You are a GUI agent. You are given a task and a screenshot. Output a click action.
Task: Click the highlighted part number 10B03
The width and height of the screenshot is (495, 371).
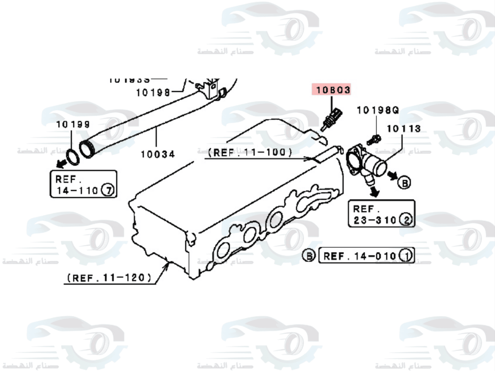tap(331, 90)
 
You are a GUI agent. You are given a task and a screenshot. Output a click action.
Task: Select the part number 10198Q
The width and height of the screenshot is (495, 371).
tap(377, 110)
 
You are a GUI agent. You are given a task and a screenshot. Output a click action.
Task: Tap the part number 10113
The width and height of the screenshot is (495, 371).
tap(403, 129)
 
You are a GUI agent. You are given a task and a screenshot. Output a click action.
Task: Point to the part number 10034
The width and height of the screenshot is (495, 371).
tap(157, 154)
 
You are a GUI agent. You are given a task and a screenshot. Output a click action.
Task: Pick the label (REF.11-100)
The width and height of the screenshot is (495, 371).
tap(250, 152)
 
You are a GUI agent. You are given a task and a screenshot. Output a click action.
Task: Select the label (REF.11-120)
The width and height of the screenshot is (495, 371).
tap(109, 278)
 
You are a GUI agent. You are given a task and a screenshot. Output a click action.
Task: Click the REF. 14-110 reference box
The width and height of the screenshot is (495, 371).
tap(84, 184)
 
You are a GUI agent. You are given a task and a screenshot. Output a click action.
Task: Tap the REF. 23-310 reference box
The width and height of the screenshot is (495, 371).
tap(381, 214)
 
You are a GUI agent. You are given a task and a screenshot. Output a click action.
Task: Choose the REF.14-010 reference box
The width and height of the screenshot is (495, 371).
tap(367, 256)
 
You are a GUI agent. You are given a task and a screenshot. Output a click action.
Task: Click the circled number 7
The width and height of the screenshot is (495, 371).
tap(107, 189)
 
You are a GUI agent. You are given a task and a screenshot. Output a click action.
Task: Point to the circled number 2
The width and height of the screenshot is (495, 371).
tap(405, 220)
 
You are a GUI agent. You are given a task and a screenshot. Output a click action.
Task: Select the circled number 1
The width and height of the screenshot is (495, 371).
tap(406, 256)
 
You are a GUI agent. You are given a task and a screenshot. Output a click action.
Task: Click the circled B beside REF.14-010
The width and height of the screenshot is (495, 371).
tap(309, 256)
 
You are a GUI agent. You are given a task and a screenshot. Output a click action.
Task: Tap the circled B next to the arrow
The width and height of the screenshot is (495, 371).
tap(404, 183)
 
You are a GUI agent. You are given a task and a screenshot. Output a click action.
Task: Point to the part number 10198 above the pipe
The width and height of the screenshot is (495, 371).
tap(153, 92)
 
